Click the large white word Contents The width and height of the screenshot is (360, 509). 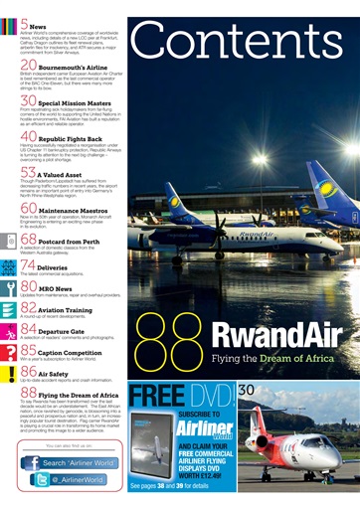[243, 45]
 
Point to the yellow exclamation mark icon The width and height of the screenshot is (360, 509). [8, 372]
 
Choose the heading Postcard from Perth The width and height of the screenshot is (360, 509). [84, 240]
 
